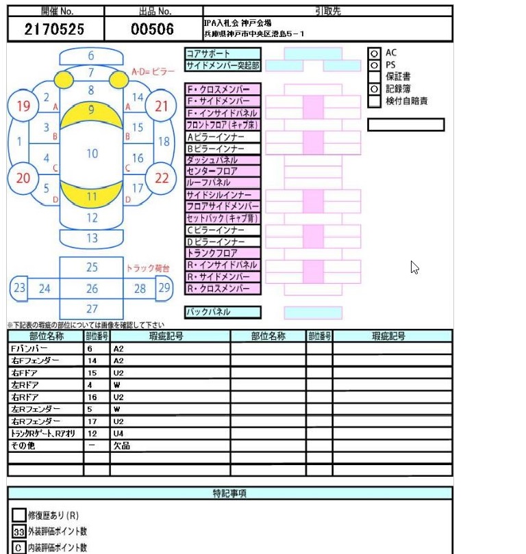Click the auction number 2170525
[55, 29]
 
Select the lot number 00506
[153, 29]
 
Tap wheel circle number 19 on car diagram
[23, 106]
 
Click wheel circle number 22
[162, 178]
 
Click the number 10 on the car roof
[92, 153]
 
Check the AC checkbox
[374, 53]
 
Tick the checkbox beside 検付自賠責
[374, 101]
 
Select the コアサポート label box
[223, 53]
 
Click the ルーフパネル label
[223, 183]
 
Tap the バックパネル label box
[223, 312]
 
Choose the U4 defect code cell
[170, 434]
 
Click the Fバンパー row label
[45, 349]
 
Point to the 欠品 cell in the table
[170, 446]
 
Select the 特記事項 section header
[230, 493]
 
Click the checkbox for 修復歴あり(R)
[19, 515]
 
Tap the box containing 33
[19, 531]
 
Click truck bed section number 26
[92, 289]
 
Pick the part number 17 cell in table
[97, 421]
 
